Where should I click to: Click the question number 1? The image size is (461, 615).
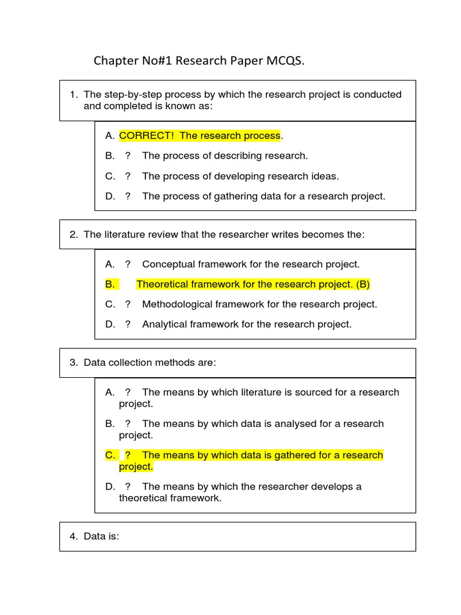pos(73,94)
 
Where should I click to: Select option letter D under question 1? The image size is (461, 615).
pos(109,196)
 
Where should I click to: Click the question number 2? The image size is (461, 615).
pos(73,234)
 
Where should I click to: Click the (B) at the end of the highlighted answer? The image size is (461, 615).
pos(363,284)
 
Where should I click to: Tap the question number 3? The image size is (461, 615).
pos(73,363)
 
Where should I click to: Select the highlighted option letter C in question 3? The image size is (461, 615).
pos(109,455)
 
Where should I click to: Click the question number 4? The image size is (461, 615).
pos(73,537)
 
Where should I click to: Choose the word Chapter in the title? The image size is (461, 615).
pos(112,61)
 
